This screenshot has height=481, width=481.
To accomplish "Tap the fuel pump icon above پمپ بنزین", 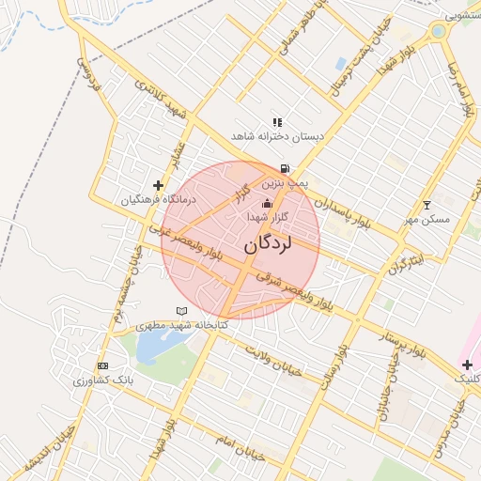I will point(285,169).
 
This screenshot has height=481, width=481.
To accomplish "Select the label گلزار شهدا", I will point(266,216).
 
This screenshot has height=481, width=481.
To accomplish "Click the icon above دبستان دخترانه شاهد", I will point(277,122).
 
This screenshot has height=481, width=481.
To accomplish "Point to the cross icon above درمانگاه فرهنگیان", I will point(158,185).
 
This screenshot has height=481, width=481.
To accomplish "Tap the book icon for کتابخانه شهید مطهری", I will point(181,311).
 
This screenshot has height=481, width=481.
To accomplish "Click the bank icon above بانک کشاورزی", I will point(101,365).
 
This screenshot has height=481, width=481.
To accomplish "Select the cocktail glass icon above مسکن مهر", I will point(427,205).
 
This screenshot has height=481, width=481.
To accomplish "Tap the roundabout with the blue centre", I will point(437,31).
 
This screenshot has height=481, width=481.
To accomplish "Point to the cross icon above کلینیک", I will point(467,365).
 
